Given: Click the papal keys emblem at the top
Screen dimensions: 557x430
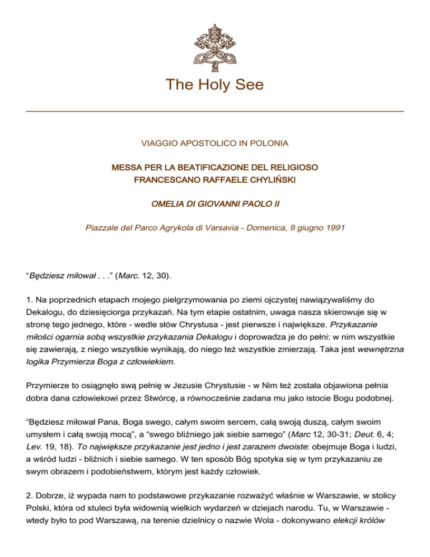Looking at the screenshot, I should click(x=215, y=39).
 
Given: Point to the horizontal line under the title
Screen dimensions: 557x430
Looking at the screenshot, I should click(x=215, y=112).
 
